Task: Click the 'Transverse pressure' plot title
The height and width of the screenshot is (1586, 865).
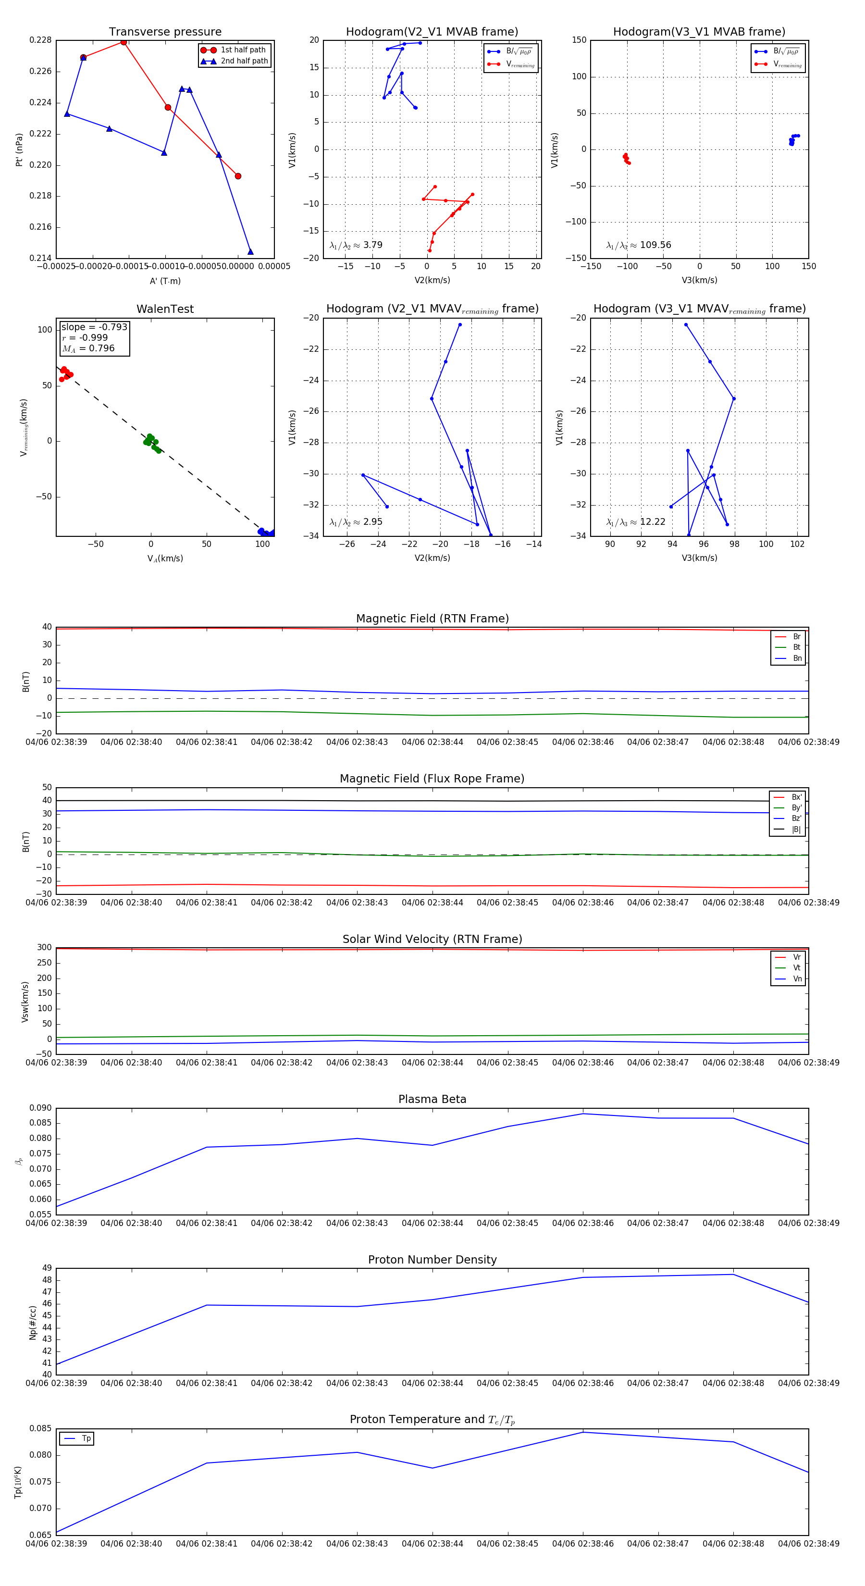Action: pos(165,32)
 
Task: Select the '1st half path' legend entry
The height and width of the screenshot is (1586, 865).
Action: pos(243,50)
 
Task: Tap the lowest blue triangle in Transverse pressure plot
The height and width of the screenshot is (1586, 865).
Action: pos(250,251)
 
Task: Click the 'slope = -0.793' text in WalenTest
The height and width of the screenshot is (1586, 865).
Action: pos(94,327)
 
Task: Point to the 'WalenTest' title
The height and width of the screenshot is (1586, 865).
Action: pos(165,309)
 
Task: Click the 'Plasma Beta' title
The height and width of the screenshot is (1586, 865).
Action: pos(432,1099)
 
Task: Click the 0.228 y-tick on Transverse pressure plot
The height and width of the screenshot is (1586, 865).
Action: pos(41,40)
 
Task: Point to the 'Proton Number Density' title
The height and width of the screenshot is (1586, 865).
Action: pos(432,1260)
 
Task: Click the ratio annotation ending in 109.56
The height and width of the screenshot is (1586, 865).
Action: pos(639,245)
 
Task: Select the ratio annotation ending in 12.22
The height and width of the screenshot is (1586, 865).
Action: pos(635,522)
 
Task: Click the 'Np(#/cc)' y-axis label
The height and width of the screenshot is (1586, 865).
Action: pos(33,1323)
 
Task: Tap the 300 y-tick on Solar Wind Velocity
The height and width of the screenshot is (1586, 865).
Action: pos(44,948)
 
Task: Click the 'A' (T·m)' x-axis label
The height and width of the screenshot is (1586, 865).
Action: pos(165,281)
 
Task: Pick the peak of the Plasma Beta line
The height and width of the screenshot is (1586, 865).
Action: pos(583,1114)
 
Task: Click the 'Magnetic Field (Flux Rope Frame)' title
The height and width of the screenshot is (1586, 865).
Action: pos(432,779)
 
